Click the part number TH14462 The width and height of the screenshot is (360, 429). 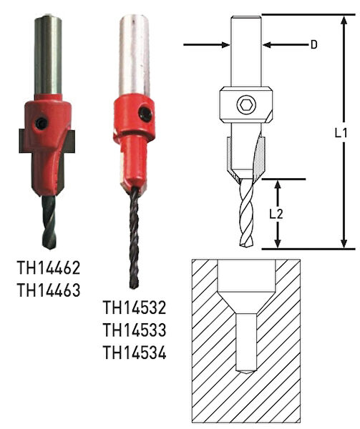coord(49,268)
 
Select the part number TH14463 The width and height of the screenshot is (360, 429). coord(49,290)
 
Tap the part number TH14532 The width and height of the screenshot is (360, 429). coord(135,307)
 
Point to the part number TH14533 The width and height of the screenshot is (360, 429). coord(135,330)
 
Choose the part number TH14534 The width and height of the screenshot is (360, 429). coord(135,352)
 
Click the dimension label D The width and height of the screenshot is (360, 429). coord(314,44)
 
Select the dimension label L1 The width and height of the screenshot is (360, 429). coord(341,133)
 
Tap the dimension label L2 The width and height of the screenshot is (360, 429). coord(276,214)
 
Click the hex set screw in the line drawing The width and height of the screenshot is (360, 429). coord(246,105)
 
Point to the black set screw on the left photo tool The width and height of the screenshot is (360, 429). coord(42,123)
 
